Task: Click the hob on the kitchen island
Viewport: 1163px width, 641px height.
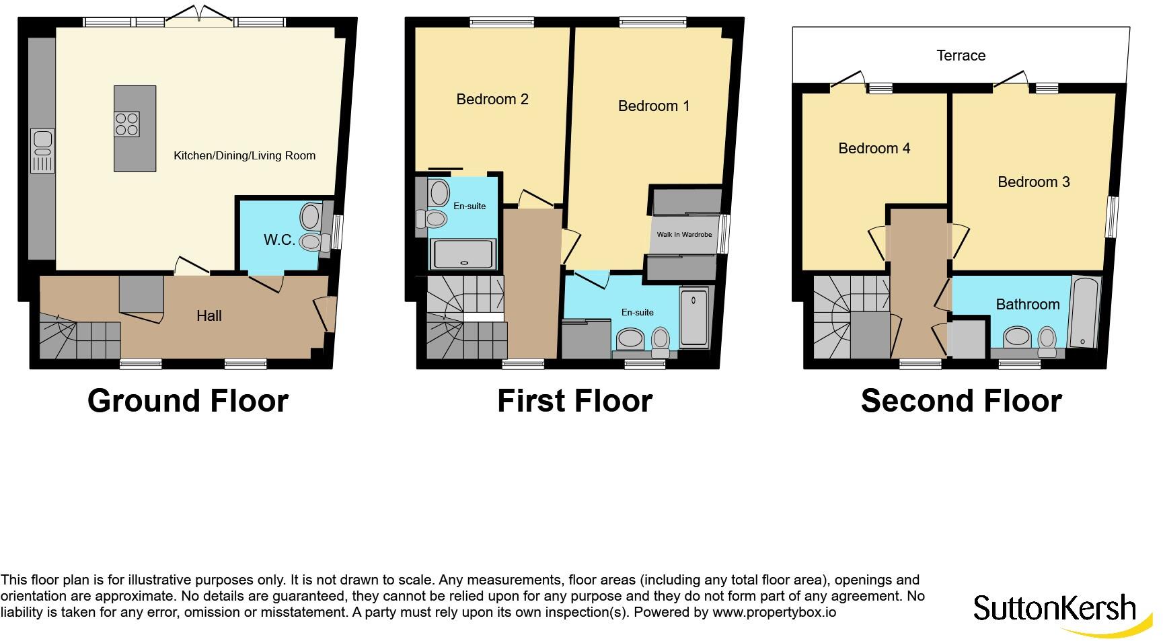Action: coord(127,124)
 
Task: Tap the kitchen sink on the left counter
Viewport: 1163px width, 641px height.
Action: coord(42,151)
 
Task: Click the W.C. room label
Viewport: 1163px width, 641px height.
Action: coord(278,240)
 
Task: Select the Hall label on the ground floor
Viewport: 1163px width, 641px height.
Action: coord(209,315)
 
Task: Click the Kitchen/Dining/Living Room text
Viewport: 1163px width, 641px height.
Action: coord(244,155)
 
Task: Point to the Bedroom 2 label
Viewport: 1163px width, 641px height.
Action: coord(492,100)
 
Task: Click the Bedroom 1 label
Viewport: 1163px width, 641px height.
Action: coord(654,106)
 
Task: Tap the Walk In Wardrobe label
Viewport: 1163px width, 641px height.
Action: coord(684,234)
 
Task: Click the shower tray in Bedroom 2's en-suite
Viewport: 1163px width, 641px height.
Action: coord(463,255)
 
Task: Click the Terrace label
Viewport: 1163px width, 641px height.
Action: coord(961,56)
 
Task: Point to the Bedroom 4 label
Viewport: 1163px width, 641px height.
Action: coord(874,149)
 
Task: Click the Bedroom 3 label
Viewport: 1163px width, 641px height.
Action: coord(1033,182)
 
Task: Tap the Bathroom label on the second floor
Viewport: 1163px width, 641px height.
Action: coord(1027,305)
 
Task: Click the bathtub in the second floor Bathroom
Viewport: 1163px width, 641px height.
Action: coord(1084,312)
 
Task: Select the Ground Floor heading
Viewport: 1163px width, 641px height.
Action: coord(188,401)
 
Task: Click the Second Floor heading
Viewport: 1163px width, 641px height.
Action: coord(961,401)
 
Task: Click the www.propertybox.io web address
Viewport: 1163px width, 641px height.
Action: coord(774,613)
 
